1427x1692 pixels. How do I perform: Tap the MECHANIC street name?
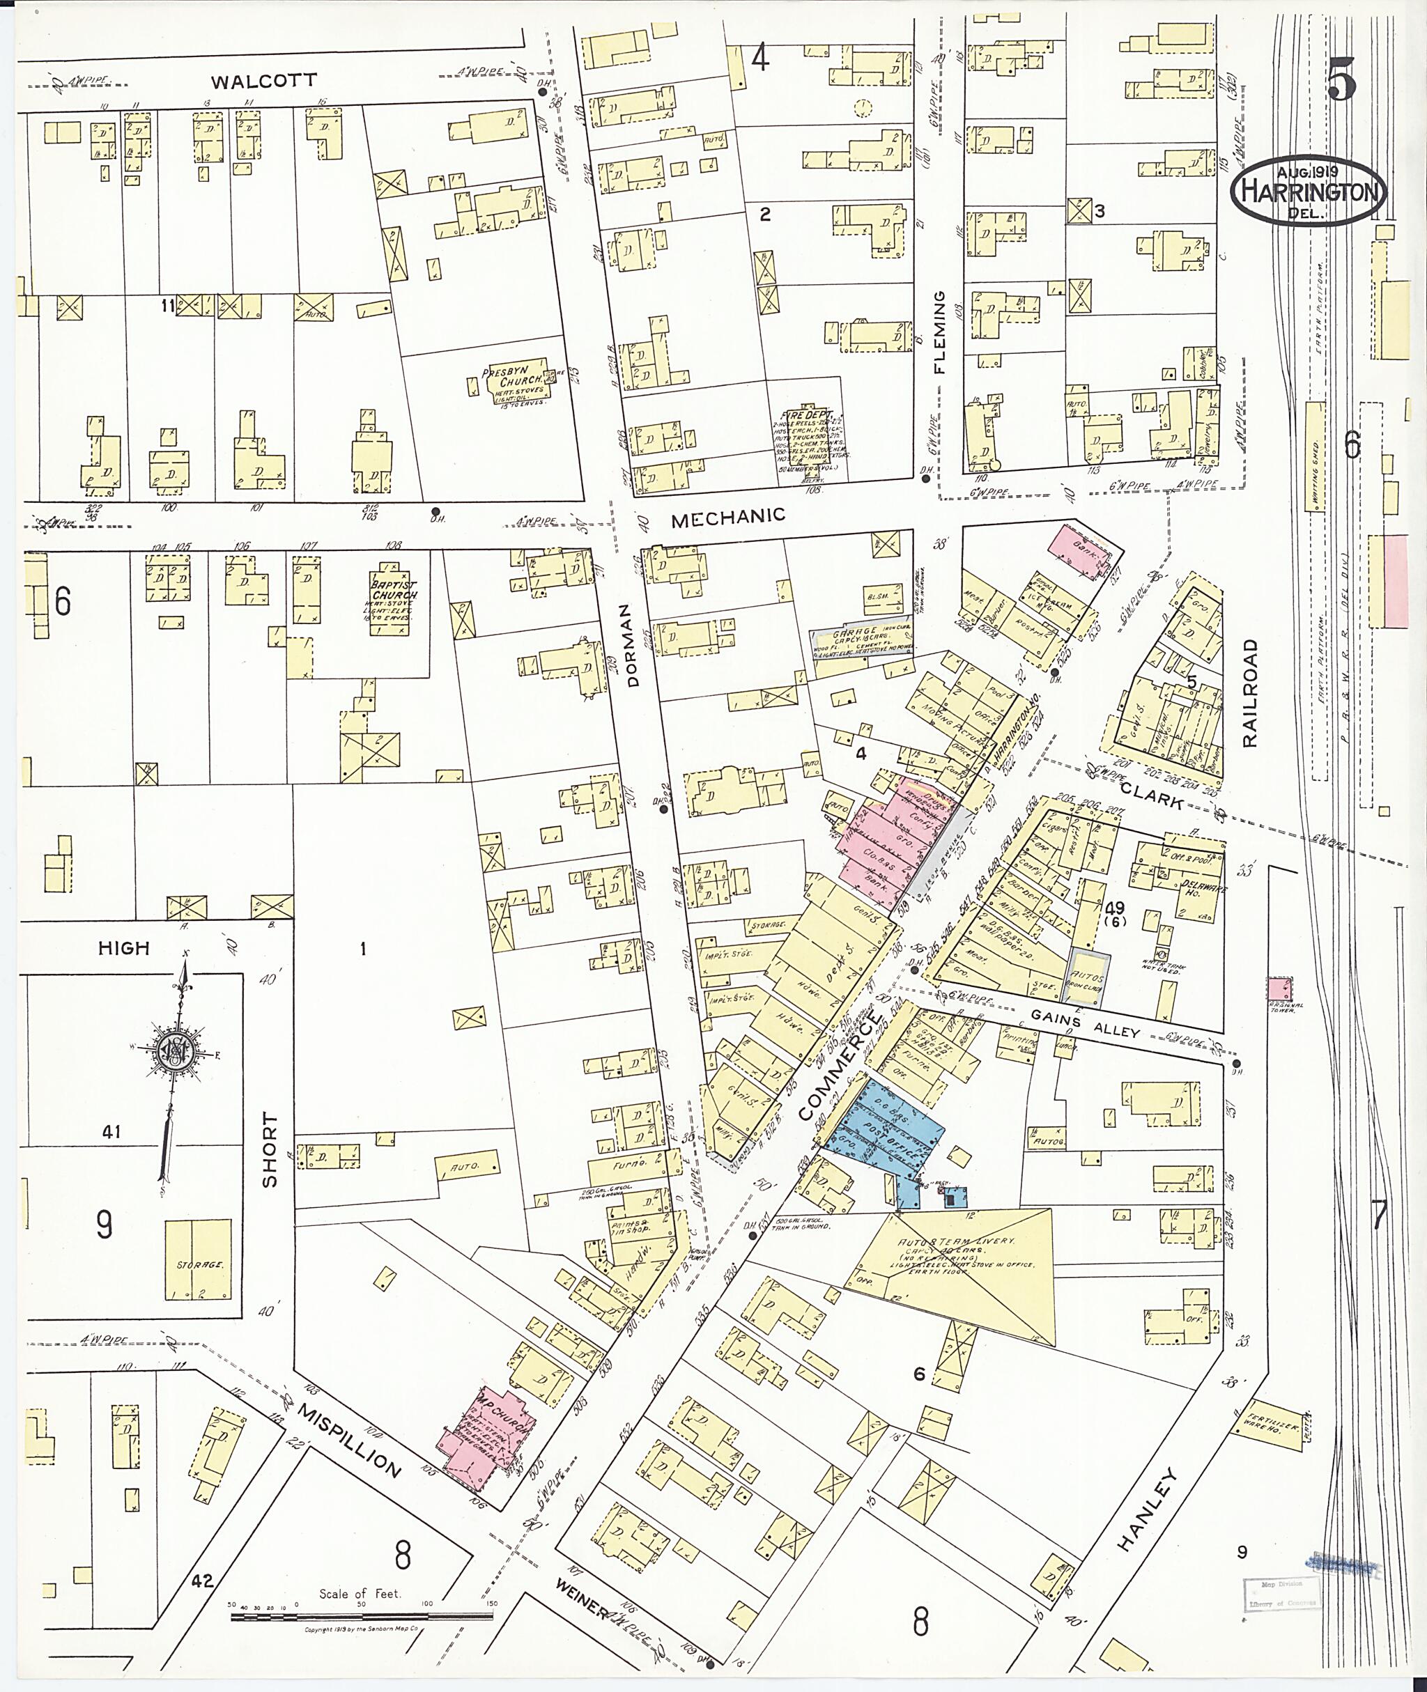(728, 516)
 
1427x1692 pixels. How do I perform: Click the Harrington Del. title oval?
(1308, 192)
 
